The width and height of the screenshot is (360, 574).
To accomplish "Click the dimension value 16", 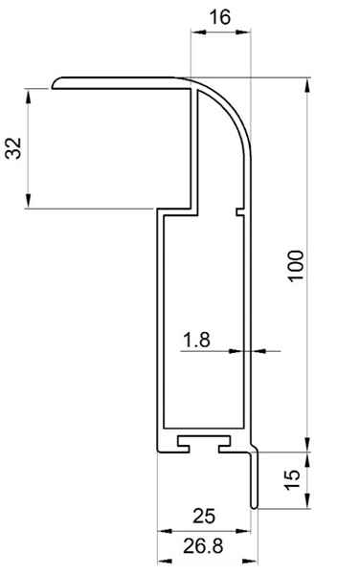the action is click(x=220, y=17).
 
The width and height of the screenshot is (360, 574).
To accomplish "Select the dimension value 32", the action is click(x=14, y=148).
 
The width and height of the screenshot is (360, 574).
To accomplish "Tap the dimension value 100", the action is click(x=296, y=266).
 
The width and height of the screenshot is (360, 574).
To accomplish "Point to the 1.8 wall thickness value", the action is click(x=196, y=340).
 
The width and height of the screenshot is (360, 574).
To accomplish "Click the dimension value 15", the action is click(x=292, y=479).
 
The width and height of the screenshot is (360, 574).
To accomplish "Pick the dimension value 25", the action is click(x=204, y=517).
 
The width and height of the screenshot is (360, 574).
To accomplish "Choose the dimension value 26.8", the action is click(x=203, y=546).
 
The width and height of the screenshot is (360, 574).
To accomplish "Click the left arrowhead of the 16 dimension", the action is click(x=198, y=33).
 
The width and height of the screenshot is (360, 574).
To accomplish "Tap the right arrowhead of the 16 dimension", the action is click(x=243, y=33).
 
